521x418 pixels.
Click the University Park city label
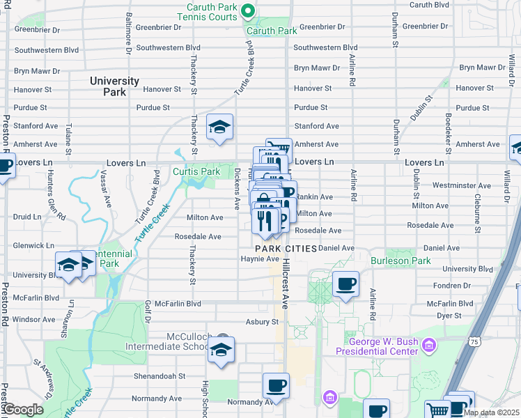click(114, 86)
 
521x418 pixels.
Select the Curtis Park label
click(196, 171)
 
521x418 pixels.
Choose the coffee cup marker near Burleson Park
click(345, 284)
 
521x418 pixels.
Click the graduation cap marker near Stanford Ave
click(220, 127)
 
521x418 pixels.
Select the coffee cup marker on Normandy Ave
click(276, 385)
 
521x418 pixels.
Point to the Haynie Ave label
click(260, 259)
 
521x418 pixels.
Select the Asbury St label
click(262, 322)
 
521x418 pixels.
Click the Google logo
click(23, 410)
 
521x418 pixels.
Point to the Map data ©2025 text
click(491, 412)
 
